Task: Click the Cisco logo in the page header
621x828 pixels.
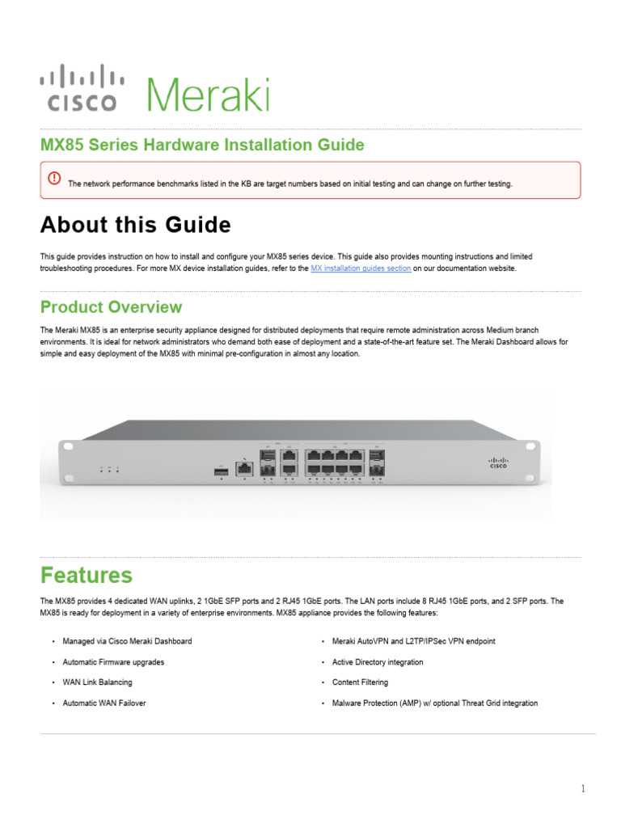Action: click(x=82, y=88)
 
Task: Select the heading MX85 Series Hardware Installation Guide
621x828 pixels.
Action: click(x=202, y=145)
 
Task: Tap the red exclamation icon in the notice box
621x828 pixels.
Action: click(x=54, y=178)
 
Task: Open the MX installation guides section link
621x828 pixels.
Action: click(x=361, y=268)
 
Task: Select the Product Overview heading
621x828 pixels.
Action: click(x=111, y=307)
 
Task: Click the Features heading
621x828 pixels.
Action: click(x=87, y=575)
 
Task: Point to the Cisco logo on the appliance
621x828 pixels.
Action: click(x=499, y=461)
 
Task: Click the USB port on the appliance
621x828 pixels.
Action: click(x=221, y=469)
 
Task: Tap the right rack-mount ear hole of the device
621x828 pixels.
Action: click(x=532, y=447)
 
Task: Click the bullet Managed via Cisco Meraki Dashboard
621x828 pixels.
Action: click(x=127, y=641)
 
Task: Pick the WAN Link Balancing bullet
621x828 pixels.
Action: click(x=98, y=682)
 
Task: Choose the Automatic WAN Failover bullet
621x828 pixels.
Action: click(x=104, y=703)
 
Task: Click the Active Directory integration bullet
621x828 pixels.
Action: click(x=377, y=662)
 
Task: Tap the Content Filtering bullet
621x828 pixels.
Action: click(x=360, y=682)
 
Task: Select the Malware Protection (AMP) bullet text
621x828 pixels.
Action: click(x=434, y=703)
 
